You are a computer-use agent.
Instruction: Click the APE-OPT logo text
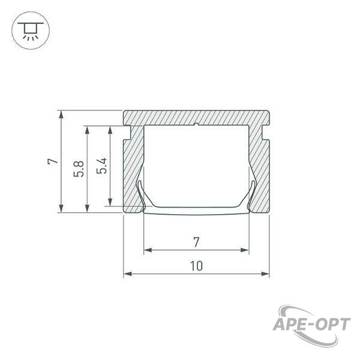(311, 325)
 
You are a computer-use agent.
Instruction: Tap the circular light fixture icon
(31, 31)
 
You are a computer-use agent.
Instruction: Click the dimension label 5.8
(79, 169)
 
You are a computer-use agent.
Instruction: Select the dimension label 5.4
(102, 166)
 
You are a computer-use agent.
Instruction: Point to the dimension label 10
(197, 266)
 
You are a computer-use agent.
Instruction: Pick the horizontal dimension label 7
(196, 242)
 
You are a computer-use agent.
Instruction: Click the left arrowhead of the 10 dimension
(128, 274)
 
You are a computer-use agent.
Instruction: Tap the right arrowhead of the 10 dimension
(265, 274)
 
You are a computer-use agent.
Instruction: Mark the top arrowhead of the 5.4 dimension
(110, 130)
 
